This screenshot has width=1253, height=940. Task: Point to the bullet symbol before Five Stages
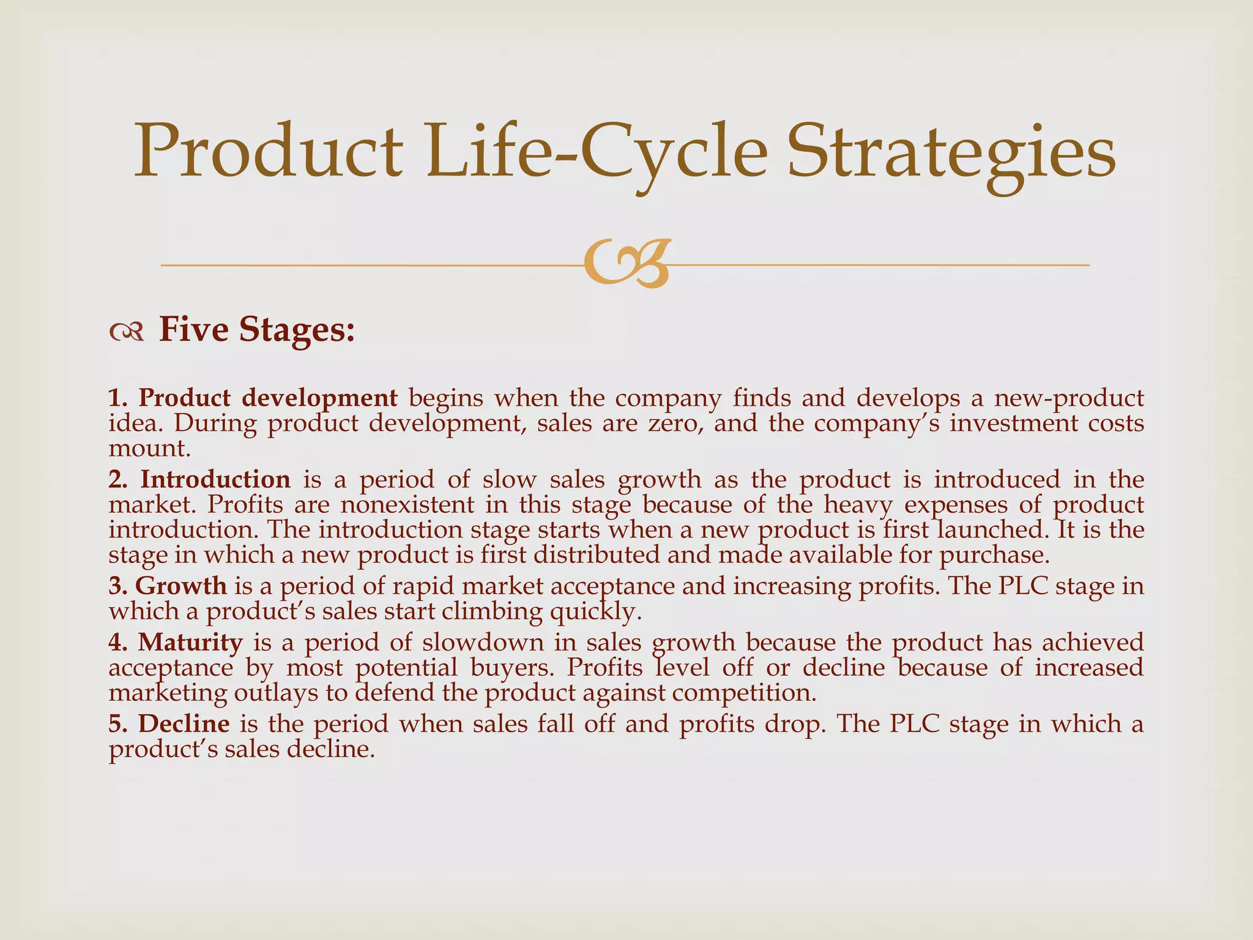point(127,332)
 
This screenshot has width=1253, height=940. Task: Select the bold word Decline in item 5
point(184,724)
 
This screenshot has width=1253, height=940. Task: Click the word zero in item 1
point(673,423)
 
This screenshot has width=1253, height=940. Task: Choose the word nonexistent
point(407,505)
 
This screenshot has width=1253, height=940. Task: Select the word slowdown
point(483,643)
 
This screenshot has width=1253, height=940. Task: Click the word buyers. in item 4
point(512,668)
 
